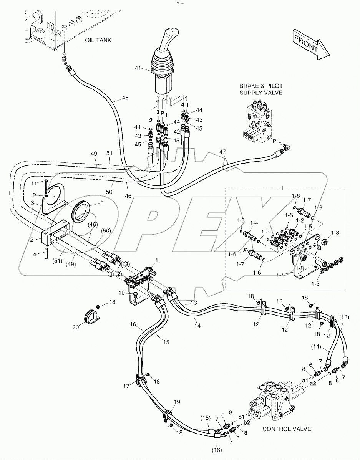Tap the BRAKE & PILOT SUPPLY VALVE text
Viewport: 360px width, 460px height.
click(261, 89)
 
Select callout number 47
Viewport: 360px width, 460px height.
click(223, 152)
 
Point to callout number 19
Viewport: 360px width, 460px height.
click(176, 402)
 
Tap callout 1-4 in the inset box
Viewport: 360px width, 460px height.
click(254, 223)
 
